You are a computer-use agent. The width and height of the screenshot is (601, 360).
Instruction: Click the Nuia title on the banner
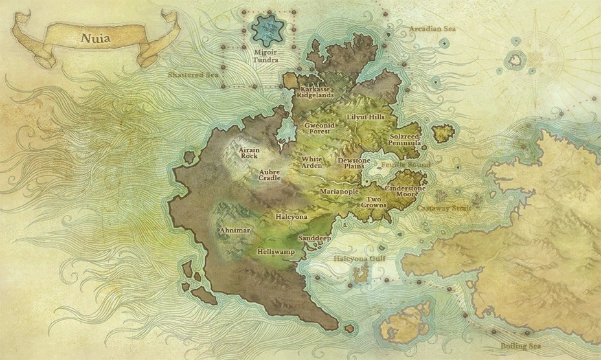(x=95, y=38)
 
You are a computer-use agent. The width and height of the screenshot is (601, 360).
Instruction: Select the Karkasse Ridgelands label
(x=316, y=91)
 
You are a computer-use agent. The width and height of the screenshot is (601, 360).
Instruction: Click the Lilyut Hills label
(x=365, y=117)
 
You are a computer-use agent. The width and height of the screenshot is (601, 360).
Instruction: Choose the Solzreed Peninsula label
(x=405, y=140)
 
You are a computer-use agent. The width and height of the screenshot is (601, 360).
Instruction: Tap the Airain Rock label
(x=249, y=152)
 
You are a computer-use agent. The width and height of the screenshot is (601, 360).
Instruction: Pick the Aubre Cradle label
(x=269, y=175)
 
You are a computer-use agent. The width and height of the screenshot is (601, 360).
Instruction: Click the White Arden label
(x=312, y=162)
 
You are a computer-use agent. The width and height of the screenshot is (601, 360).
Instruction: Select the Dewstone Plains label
(x=354, y=163)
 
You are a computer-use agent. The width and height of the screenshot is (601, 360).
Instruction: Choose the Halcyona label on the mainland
(x=291, y=216)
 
